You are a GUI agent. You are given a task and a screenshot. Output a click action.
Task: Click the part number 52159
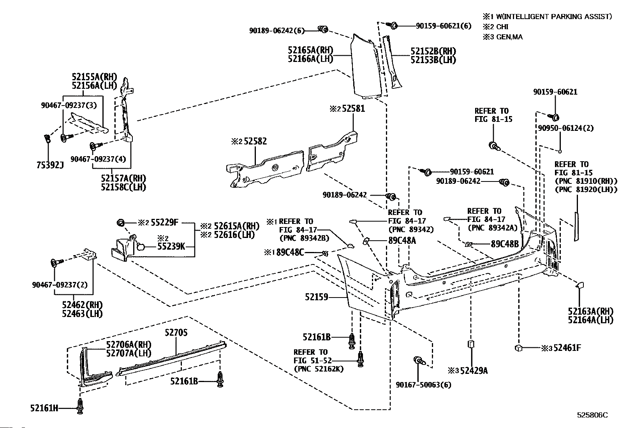pos(316,297)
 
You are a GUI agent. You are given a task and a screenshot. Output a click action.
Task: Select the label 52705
pos(176,332)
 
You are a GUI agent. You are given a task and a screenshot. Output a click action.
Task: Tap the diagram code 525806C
pos(593,415)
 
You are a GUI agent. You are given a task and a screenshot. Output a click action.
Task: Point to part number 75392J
pos(50,165)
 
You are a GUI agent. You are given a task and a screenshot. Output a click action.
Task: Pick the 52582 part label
pos(255,141)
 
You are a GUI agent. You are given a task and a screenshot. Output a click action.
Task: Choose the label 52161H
pos(44,408)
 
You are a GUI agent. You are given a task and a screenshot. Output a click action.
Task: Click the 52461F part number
pos(567,348)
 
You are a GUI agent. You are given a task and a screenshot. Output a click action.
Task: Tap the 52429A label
pos(474,370)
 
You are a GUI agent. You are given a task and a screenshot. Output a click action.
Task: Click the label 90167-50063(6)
pos(423,385)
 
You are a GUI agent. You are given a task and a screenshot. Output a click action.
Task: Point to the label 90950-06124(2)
pos(566,128)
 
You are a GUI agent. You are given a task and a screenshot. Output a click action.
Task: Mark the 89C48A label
pos(402,240)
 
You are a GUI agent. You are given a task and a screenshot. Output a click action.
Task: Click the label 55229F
pos(164,222)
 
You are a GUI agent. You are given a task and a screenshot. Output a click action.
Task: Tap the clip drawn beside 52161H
pos(80,406)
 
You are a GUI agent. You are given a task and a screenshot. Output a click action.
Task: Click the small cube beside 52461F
pos(519,348)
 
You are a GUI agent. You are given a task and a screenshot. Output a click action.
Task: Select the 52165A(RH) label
pos(310,50)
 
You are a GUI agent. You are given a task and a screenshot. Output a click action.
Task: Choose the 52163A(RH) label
pos(591,312)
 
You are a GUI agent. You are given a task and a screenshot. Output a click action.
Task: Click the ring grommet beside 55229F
pos(121,222)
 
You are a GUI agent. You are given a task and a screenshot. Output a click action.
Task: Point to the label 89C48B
pos(505,244)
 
